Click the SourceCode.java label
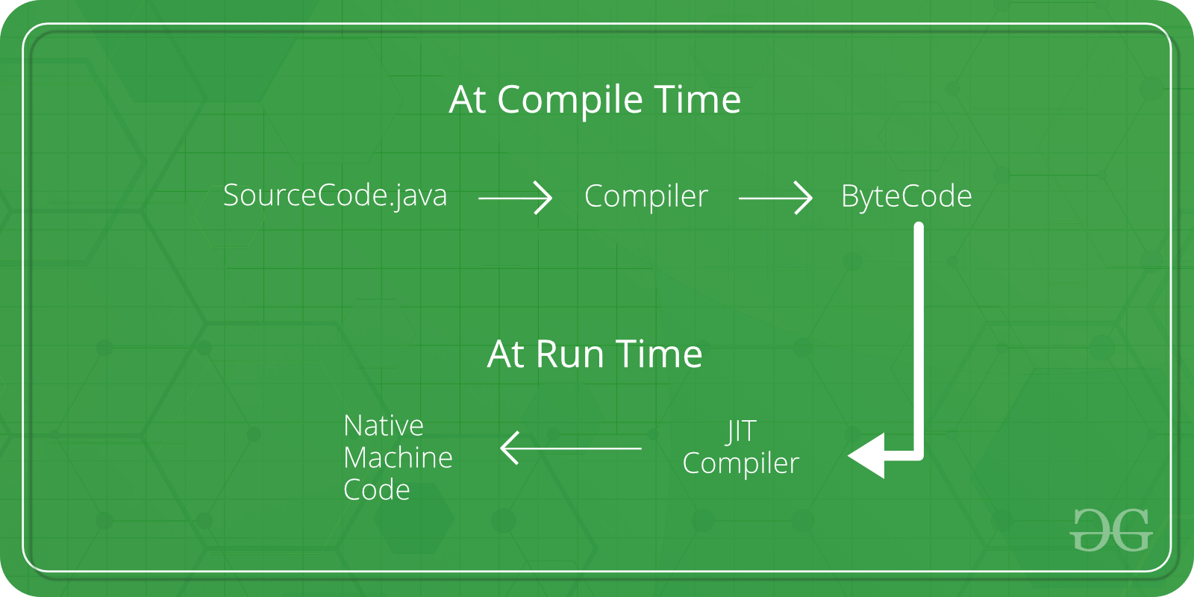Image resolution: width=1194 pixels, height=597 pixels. tap(335, 196)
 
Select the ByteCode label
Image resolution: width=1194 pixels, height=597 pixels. tap(906, 196)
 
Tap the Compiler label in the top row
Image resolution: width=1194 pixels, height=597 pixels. tap(646, 196)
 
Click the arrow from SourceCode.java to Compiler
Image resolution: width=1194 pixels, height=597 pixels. tap(515, 199)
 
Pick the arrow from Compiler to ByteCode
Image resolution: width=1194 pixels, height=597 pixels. tap(775, 199)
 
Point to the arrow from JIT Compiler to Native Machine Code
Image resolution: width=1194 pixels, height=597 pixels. tap(571, 448)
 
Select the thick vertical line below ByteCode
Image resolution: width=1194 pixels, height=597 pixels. tap(919, 336)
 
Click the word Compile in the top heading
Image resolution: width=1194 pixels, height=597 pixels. tap(569, 100)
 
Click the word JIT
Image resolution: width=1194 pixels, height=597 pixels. tap(741, 431)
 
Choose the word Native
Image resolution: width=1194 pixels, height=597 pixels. tap(384, 425)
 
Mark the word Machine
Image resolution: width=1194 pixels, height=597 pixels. tap(398, 457)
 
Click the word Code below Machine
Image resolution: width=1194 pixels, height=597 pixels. tap(377, 490)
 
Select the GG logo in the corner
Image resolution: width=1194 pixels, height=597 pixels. tap(1111, 530)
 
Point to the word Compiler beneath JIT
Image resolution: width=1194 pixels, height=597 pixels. tap(740, 463)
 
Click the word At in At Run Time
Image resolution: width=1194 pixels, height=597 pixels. tap(506, 354)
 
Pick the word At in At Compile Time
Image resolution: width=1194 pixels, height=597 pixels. tap(468, 99)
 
